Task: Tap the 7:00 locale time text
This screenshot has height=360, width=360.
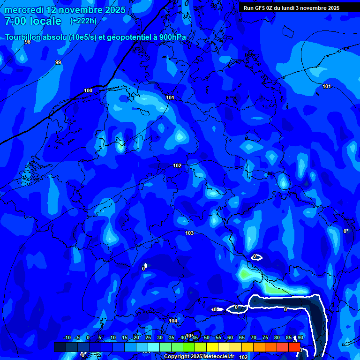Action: (x=33, y=21)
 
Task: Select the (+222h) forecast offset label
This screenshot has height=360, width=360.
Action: (x=83, y=21)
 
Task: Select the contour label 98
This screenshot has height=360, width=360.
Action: (x=28, y=42)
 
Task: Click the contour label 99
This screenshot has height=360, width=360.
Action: (x=58, y=62)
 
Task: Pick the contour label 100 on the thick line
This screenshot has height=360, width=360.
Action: (x=88, y=90)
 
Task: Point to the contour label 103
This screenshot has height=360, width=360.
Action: (x=189, y=233)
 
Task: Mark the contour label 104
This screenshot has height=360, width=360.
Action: (x=173, y=321)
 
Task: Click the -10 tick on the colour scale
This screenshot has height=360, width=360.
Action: (x=67, y=338)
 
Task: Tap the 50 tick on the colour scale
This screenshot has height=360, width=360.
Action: (x=207, y=338)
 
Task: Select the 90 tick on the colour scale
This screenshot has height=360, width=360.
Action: (x=300, y=338)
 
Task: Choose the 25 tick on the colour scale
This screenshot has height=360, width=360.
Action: (x=148, y=338)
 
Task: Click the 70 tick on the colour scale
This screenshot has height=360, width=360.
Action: (x=254, y=338)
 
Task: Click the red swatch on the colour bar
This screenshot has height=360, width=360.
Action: (x=294, y=347)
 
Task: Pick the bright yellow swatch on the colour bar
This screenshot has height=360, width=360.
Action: (x=212, y=347)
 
